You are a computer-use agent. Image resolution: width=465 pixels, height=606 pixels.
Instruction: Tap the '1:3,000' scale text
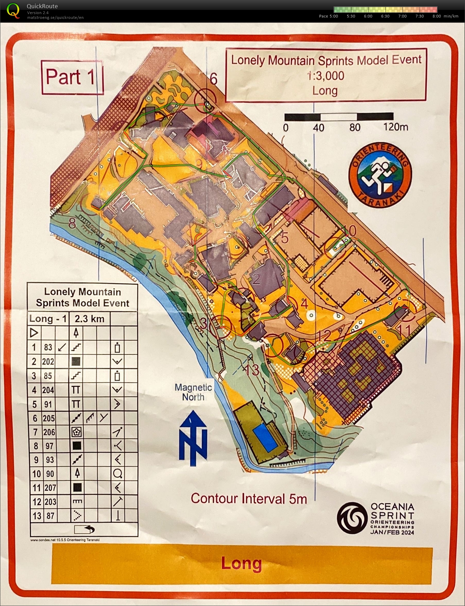325,76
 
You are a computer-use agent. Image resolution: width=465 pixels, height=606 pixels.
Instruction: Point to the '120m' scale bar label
395,127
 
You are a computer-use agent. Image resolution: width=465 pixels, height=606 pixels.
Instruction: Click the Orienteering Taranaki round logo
380,175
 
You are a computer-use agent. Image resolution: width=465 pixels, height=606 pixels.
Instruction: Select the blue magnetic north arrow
193,437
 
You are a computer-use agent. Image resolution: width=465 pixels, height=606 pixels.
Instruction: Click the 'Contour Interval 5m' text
249,499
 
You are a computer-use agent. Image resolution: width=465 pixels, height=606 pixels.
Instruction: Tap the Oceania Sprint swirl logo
352,518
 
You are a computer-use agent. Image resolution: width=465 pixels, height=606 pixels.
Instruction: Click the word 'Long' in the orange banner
241,563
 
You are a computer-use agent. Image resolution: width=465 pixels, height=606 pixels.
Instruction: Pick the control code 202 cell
48,362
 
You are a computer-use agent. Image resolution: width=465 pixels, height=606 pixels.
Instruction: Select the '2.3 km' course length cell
90,319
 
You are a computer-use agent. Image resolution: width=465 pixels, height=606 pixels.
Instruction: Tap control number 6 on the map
213,79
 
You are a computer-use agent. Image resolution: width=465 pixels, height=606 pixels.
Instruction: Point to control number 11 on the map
404,331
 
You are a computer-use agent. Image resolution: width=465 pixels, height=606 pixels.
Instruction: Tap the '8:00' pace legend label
437,16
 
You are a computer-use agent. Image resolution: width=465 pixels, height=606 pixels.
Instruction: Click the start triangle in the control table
34,333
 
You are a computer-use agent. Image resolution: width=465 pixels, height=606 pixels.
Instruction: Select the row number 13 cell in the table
37,516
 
